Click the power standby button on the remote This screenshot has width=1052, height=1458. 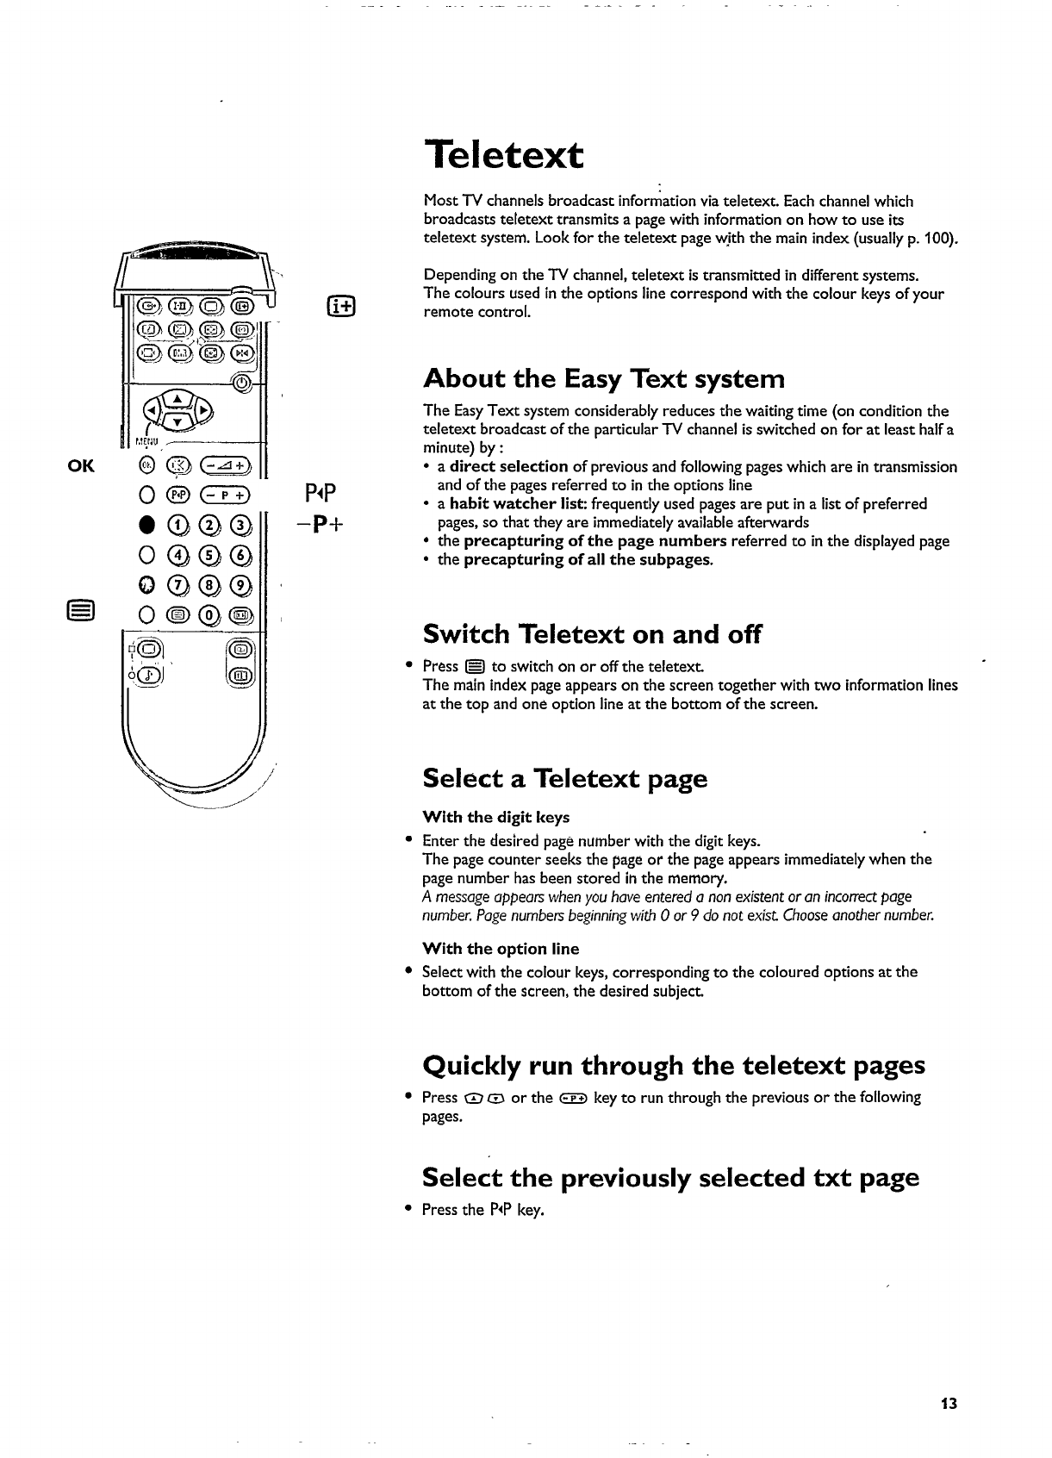click(243, 383)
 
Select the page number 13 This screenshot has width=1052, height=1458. click(949, 1404)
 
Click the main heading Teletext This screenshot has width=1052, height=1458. click(504, 156)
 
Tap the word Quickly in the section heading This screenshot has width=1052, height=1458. click(471, 1066)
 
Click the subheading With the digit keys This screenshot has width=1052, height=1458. click(495, 817)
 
